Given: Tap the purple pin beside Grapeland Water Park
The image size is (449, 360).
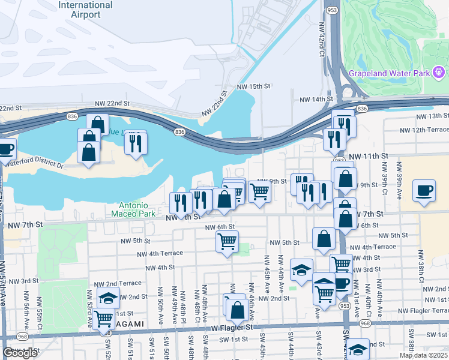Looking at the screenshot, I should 440,73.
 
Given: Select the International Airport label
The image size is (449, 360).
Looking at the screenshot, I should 86,10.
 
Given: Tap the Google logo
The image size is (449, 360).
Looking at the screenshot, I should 20,353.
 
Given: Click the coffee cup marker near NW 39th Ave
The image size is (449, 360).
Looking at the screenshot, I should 424,190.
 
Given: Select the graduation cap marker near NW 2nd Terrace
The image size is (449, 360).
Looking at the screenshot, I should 108,298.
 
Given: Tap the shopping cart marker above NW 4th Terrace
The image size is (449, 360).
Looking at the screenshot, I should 227,241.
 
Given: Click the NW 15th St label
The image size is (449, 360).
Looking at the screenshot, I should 254,87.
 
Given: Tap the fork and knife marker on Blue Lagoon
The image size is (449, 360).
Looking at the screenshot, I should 136,142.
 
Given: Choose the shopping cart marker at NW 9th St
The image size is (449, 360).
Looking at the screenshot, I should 259,191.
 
